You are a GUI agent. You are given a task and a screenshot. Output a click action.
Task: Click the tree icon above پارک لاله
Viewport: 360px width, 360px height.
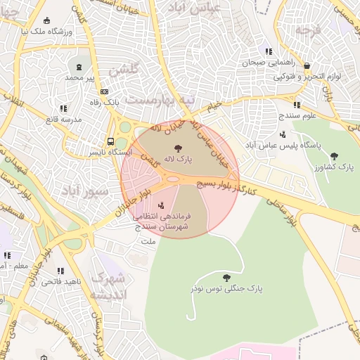[178, 148]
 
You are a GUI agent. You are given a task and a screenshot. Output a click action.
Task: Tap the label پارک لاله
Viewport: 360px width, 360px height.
[178, 160]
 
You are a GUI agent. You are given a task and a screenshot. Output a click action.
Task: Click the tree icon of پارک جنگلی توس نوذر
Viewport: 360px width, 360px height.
[226, 278]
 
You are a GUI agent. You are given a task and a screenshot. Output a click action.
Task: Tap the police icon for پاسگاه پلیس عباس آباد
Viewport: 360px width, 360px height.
[283, 134]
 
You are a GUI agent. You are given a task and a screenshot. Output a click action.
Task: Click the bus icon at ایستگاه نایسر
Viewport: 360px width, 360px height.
[111, 141]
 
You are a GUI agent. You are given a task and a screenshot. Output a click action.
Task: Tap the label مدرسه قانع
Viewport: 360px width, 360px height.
[63, 120]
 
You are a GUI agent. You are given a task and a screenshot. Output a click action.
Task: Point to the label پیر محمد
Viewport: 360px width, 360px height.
[80, 77]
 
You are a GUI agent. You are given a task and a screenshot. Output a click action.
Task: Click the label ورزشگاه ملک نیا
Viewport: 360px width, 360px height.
[48, 31]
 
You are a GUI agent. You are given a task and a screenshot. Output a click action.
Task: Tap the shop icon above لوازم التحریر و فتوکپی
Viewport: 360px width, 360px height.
[306, 65]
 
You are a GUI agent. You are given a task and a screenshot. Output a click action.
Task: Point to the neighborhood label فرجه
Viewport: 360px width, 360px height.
[308, 31]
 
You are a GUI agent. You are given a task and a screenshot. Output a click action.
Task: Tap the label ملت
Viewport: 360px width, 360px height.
[148, 241]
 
